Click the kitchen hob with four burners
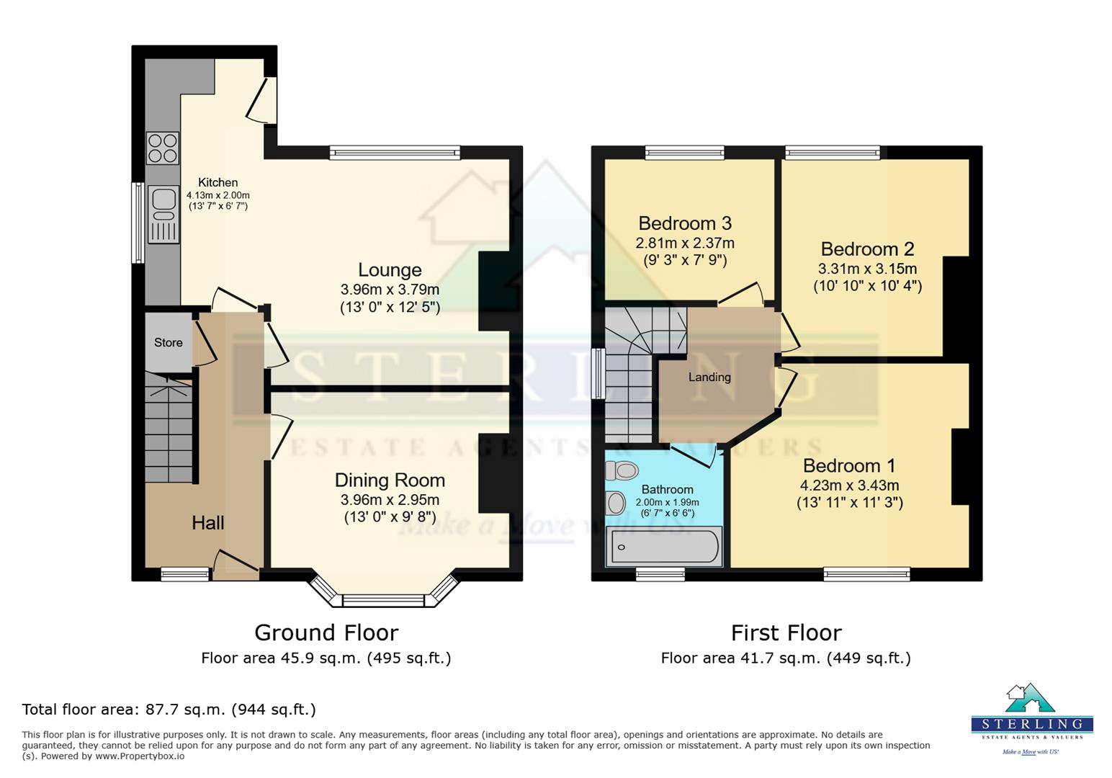pos(162,148)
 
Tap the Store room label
pos(168,343)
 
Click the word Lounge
pos(390,270)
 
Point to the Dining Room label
pos(390,480)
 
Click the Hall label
pos(207,523)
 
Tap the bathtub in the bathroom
pos(664,546)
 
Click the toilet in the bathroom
pos(622,471)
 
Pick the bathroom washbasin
pos(616,503)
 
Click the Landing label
pos(709,377)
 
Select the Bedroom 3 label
pos(684,223)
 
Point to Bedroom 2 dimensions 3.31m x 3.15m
pos(867,269)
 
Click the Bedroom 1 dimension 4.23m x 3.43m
pos(849,486)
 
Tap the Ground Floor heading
pos(326,633)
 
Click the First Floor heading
pos(786,633)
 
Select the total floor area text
pos(169,710)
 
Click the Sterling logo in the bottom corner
pos(1031,717)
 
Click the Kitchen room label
pos(218,183)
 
